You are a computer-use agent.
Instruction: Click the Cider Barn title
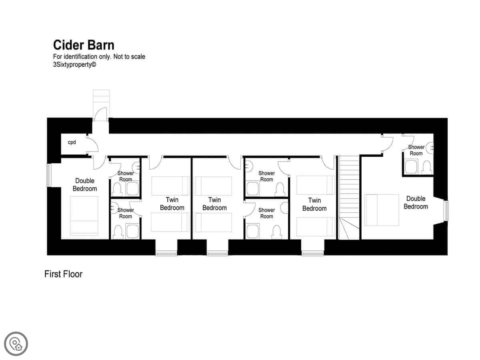pyautogui.click(x=84, y=45)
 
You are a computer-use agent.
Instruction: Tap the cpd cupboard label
pyautogui.click(x=72, y=142)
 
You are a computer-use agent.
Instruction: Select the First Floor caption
pyautogui.click(x=64, y=274)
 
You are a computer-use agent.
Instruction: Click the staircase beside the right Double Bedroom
pyautogui.click(x=349, y=198)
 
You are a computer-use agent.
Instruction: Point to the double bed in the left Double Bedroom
pyautogui.click(x=84, y=216)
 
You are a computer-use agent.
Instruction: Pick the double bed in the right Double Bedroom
pyautogui.click(x=382, y=210)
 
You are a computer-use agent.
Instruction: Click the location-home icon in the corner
pyautogui.click(x=16, y=344)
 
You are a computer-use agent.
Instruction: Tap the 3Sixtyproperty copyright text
pyautogui.click(x=74, y=65)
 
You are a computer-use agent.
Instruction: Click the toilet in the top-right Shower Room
pyautogui.click(x=427, y=167)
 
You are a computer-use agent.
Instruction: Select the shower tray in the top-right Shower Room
pyautogui.click(x=412, y=166)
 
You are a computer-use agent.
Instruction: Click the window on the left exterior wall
pyautogui.click(x=49, y=175)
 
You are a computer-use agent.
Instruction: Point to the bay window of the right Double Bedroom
pyautogui.click(x=446, y=211)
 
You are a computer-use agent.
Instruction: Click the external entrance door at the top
pyautogui.click(x=101, y=114)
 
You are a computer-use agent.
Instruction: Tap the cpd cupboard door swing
pyautogui.click(x=92, y=144)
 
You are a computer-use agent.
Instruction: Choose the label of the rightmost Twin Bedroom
pyautogui.click(x=314, y=204)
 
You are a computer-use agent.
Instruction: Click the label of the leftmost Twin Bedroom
pyautogui.click(x=172, y=204)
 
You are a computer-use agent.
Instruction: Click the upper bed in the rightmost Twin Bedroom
pyautogui.click(x=316, y=185)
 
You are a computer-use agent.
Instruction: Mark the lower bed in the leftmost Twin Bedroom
pyautogui.click(x=170, y=222)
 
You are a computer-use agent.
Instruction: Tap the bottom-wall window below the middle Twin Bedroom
pyautogui.click(x=218, y=254)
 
